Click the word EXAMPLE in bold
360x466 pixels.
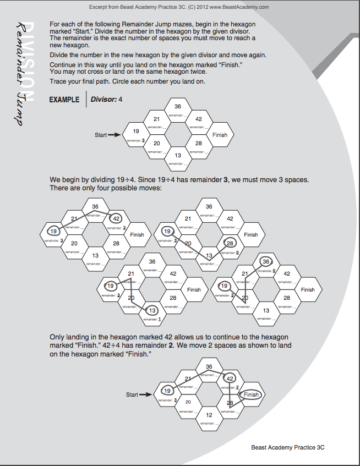click(x=64, y=100)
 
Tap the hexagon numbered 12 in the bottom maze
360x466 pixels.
click(x=209, y=415)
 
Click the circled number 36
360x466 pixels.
click(x=266, y=262)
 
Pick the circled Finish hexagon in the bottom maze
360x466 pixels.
click(x=251, y=394)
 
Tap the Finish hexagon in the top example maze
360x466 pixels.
click(x=220, y=135)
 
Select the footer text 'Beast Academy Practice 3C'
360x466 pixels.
click(x=288, y=448)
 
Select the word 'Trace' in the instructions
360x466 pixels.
click(x=58, y=81)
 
